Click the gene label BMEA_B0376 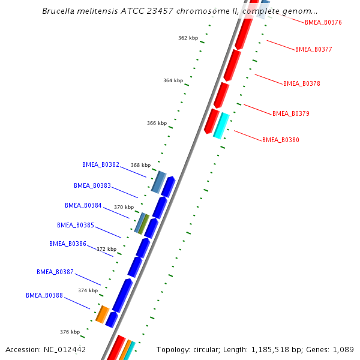(323, 22)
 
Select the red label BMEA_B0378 (301, 84)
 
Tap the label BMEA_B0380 (280, 140)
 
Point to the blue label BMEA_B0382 (101, 164)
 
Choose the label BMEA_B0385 (76, 226)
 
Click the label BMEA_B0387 (55, 272)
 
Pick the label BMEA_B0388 (44, 295)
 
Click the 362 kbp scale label (188, 38)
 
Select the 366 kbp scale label (157, 123)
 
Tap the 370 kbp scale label (124, 207)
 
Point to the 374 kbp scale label (88, 290)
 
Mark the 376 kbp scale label (70, 332)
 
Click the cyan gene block (221, 125)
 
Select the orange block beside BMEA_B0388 (103, 314)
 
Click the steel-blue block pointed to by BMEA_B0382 (158, 182)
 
